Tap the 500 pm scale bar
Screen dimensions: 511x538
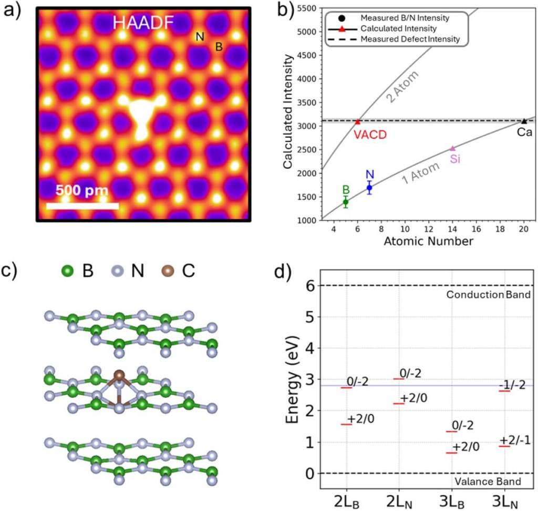coord(82,205)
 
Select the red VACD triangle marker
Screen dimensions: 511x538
coord(358,121)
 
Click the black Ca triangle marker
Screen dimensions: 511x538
coord(524,121)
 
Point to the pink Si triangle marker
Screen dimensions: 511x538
coord(452,148)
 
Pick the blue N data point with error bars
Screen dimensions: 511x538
coord(369,187)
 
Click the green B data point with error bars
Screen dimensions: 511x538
coord(346,202)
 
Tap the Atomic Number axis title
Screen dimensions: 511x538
coord(428,242)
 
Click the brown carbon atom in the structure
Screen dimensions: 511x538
coord(119,375)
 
